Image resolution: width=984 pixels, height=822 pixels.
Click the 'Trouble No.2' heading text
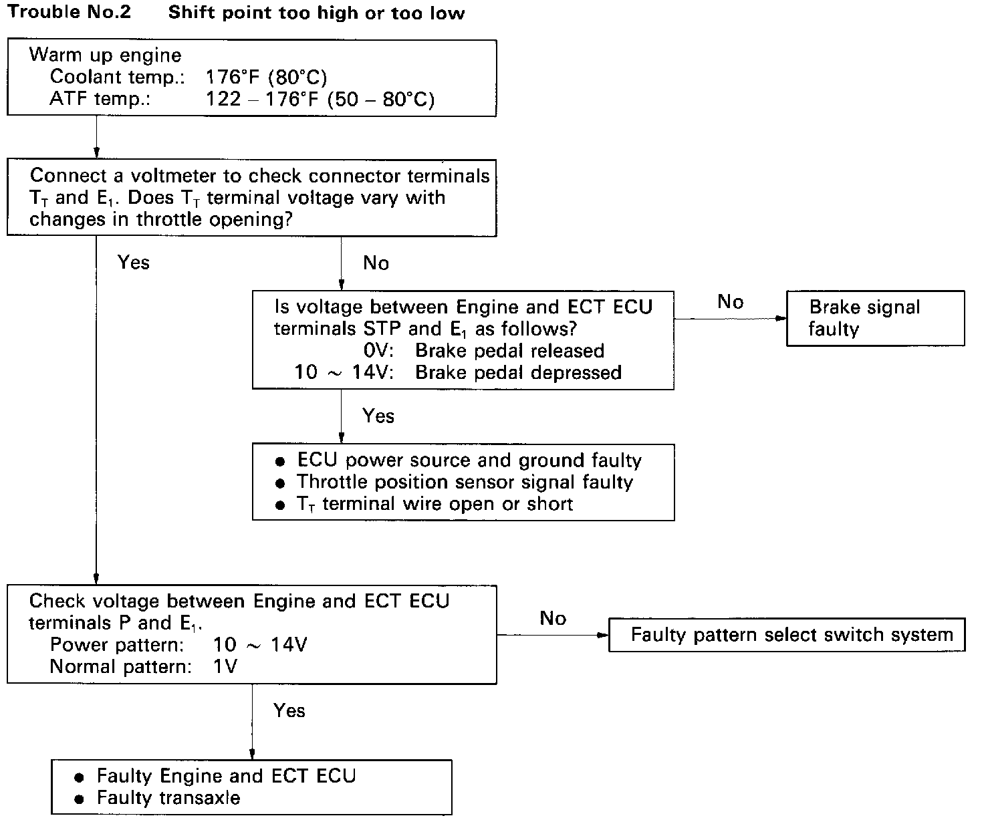tap(70, 12)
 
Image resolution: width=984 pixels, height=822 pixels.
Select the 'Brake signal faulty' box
tap(875, 318)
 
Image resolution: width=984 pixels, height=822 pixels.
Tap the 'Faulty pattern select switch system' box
tap(787, 635)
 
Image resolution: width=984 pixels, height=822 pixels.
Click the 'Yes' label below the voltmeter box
tap(134, 263)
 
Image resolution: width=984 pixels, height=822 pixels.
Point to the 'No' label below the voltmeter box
tap(376, 263)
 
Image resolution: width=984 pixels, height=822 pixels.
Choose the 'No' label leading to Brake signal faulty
tap(731, 302)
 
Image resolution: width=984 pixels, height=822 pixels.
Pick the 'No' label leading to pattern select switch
tap(553, 618)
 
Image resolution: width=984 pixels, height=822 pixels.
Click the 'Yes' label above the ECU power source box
tap(378, 416)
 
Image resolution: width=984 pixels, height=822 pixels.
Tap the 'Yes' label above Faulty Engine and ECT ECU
tap(289, 710)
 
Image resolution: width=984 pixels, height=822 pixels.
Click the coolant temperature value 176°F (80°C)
tap(266, 78)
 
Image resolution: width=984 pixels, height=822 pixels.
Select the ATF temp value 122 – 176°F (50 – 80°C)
tap(320, 99)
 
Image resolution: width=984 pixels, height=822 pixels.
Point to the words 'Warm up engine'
tap(105, 55)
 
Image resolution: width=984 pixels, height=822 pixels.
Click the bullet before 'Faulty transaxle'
tap(79, 799)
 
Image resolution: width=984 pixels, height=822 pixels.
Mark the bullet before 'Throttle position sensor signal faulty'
tap(280, 483)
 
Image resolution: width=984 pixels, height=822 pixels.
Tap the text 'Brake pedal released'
tap(509, 350)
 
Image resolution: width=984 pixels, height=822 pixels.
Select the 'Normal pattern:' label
tap(120, 666)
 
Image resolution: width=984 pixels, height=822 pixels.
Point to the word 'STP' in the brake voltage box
tap(382, 328)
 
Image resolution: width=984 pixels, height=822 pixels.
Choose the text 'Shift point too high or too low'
tap(316, 13)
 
